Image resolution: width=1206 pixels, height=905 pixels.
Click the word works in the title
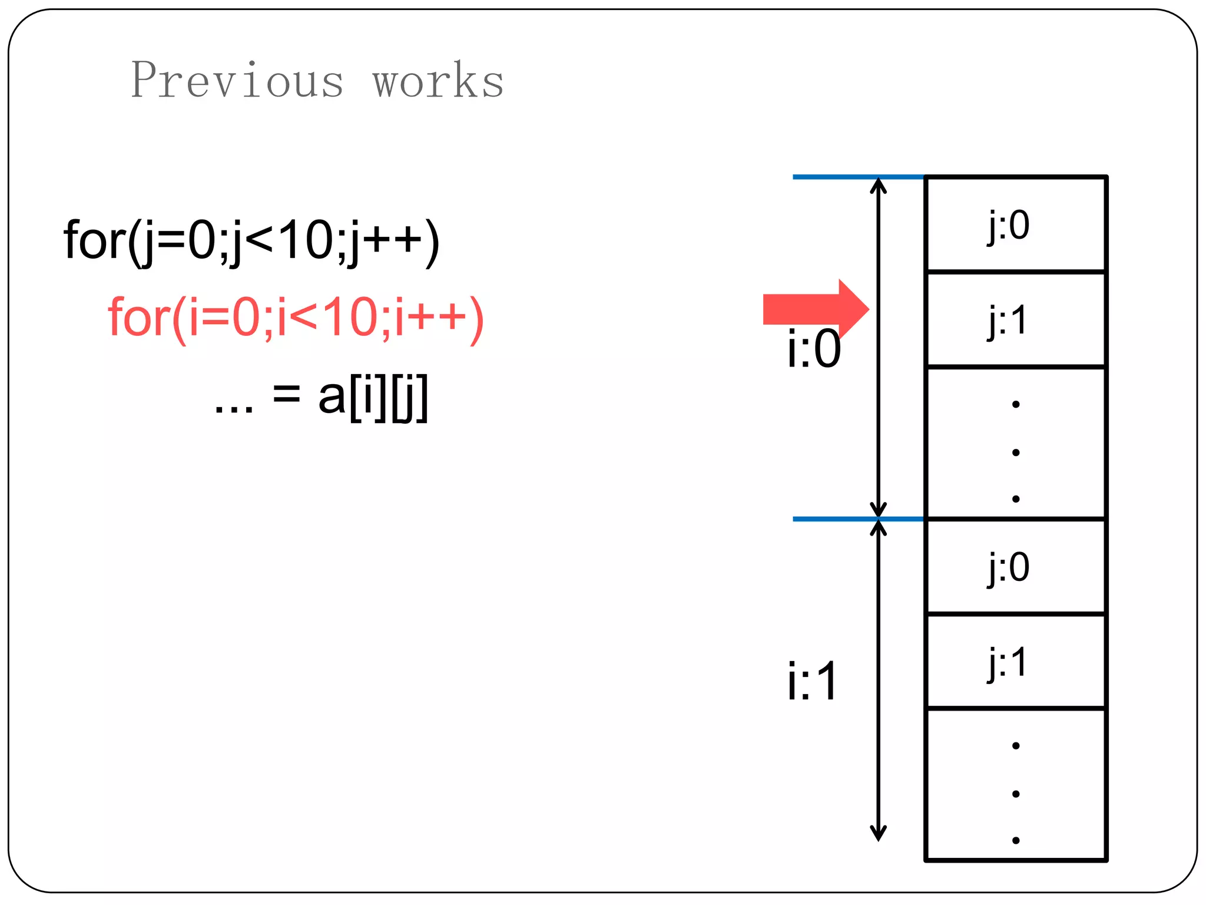point(438,81)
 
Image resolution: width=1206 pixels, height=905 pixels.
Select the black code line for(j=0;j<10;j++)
point(251,240)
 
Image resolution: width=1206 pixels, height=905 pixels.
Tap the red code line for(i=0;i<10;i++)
point(296,318)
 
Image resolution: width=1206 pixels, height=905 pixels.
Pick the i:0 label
point(814,349)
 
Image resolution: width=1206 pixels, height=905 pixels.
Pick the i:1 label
point(813,682)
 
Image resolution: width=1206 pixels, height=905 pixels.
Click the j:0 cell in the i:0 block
point(1015,224)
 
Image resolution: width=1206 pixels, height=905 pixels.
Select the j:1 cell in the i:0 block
point(1015,320)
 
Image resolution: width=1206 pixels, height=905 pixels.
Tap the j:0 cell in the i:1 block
point(1015,567)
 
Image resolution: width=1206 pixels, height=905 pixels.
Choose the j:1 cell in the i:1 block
point(1015,662)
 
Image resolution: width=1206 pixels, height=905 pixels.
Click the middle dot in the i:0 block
point(1016,452)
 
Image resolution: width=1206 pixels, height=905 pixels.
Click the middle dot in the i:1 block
point(1016,794)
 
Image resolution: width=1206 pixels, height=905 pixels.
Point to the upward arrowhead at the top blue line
point(878,185)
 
